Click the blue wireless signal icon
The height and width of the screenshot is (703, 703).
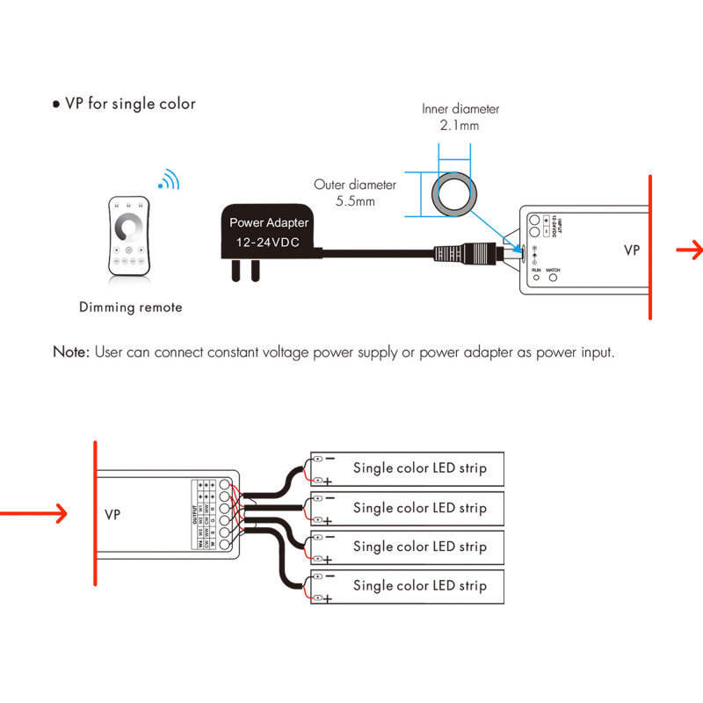[168, 181]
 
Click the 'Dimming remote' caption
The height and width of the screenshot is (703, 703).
[131, 308]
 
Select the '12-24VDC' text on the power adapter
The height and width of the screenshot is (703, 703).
[267, 241]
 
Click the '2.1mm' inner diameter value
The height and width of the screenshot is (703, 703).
[460, 126]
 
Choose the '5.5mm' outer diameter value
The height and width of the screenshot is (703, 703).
[355, 202]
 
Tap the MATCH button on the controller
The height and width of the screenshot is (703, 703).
[554, 278]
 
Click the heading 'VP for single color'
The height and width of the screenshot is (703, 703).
[125, 104]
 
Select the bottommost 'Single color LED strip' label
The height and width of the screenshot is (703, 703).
[419, 585]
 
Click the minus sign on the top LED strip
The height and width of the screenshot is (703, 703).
[330, 458]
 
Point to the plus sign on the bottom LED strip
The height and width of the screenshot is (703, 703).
[328, 598]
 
